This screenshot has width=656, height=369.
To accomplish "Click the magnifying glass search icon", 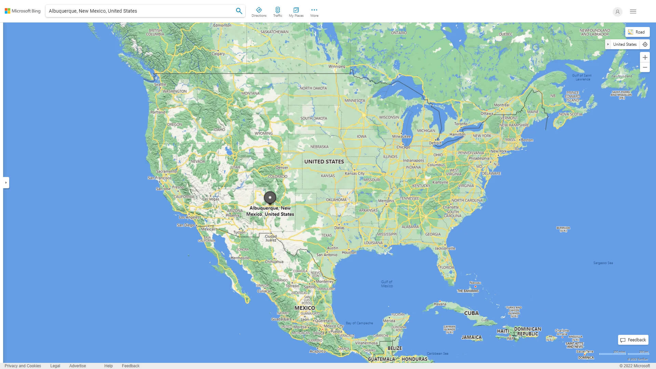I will [239, 11].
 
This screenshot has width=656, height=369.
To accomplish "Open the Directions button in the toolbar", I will [259, 12].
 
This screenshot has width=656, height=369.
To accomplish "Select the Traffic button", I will [278, 12].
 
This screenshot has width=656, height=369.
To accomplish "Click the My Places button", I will [296, 12].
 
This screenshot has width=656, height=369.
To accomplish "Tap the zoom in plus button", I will [645, 57].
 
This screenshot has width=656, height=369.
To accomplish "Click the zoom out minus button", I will [645, 67].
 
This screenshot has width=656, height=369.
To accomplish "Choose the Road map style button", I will [637, 32].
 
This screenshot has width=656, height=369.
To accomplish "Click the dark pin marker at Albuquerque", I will [270, 197].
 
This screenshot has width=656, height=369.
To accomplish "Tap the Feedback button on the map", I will [633, 340].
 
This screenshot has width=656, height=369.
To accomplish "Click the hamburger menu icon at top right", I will [633, 12].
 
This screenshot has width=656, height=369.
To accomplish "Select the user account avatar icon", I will [617, 12].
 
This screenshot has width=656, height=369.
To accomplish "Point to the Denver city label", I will [282, 167].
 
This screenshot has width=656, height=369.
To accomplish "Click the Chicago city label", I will [403, 147].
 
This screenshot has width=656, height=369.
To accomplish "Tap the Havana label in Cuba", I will [440, 304].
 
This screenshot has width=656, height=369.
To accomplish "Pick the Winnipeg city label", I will [337, 66].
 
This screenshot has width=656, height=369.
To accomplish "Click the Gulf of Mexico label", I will [387, 284].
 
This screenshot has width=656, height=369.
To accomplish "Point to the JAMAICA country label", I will [471, 337].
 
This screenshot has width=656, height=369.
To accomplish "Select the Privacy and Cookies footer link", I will [23, 366].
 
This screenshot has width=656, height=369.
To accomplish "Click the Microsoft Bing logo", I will [23, 11].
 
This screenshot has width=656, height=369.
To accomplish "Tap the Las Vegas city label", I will [211, 199].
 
